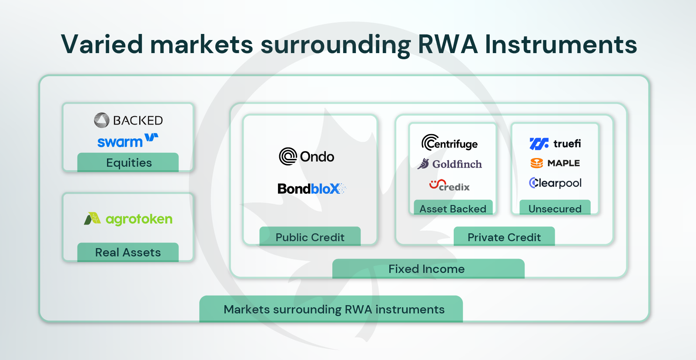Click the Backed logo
click(x=128, y=120)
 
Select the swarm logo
click(x=127, y=141)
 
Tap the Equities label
click(x=128, y=162)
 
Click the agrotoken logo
click(x=128, y=219)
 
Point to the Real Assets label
click(x=128, y=252)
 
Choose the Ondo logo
click(x=307, y=156)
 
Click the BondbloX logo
click(x=311, y=188)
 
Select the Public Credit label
click(x=310, y=237)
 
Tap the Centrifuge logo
click(x=449, y=143)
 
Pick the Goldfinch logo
click(x=450, y=164)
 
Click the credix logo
click(x=449, y=185)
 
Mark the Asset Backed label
click(x=453, y=209)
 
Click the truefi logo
click(x=555, y=143)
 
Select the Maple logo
click(x=555, y=163)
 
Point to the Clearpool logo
click(x=555, y=183)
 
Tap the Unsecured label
click(x=555, y=209)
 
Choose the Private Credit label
click(x=504, y=237)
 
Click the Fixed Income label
click(x=426, y=269)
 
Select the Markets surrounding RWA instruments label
click(x=334, y=309)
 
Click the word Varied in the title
click(x=102, y=44)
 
